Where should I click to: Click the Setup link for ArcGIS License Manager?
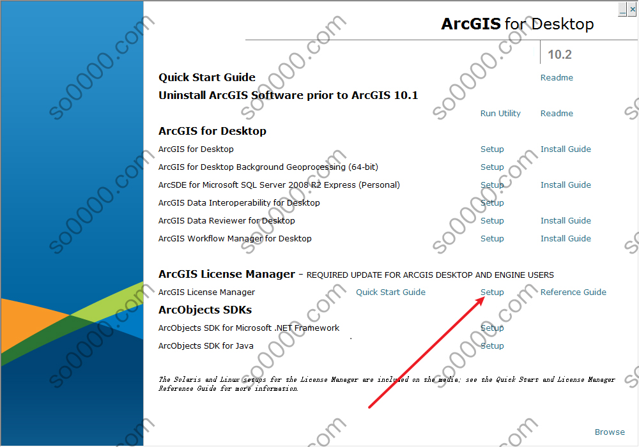pos(492,292)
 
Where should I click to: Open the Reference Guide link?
pos(573,292)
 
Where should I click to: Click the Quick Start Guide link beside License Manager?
pos(390,292)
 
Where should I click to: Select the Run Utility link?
pos(500,113)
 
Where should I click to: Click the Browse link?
pos(609,432)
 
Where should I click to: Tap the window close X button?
pos(633,9)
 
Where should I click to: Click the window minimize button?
pos(622,9)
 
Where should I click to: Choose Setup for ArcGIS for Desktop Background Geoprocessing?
pos(492,167)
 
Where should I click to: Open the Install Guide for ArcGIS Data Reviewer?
pos(566,221)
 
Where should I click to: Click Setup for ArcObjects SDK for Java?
pos(492,345)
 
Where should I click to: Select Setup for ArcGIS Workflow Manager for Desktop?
pos(492,239)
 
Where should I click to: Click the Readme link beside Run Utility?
pos(557,113)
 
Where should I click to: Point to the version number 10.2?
pos(560,54)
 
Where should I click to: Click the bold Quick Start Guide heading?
pos(206,77)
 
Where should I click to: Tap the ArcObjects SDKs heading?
pos(205,310)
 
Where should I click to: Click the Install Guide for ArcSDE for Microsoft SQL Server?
pos(566,185)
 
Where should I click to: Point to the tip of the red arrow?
pos(485,298)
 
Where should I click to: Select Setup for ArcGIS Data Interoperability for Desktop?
pos(492,202)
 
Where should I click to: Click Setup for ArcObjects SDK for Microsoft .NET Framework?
pos(492,328)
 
